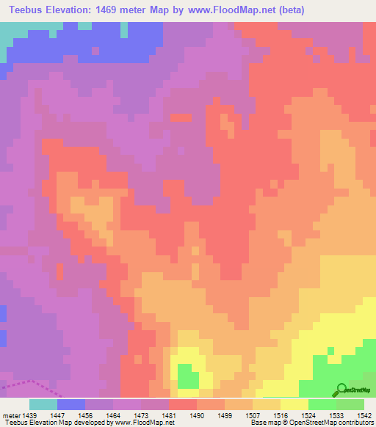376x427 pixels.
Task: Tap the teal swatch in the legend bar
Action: (43, 404)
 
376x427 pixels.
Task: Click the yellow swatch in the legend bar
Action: (294, 404)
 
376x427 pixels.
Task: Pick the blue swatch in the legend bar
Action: (71, 404)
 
